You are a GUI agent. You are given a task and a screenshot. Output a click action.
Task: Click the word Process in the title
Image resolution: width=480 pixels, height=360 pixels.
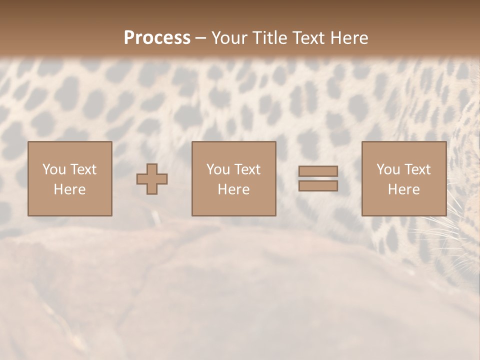click(x=157, y=38)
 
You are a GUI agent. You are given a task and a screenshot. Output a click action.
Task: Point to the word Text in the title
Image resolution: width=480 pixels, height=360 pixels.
click(x=307, y=38)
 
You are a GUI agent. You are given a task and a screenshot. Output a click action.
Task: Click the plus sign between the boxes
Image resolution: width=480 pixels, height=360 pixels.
click(x=152, y=178)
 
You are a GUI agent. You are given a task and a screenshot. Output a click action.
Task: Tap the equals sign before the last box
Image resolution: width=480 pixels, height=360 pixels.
click(x=318, y=178)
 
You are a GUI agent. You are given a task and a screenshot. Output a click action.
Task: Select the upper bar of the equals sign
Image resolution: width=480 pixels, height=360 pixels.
click(x=318, y=171)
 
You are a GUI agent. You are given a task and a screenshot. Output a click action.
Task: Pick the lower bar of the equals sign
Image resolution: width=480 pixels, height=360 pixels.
click(x=318, y=185)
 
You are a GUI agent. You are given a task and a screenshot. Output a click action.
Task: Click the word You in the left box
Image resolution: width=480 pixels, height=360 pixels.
click(x=54, y=169)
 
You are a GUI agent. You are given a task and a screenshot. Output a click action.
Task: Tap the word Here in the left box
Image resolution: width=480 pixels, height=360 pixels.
click(x=69, y=189)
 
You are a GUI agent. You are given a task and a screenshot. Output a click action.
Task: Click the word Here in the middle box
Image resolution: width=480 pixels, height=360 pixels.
click(x=233, y=189)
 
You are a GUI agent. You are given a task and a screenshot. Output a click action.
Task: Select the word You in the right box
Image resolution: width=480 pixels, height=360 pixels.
click(x=388, y=169)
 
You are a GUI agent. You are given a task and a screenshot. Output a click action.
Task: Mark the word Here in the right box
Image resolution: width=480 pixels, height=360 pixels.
click(x=403, y=189)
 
